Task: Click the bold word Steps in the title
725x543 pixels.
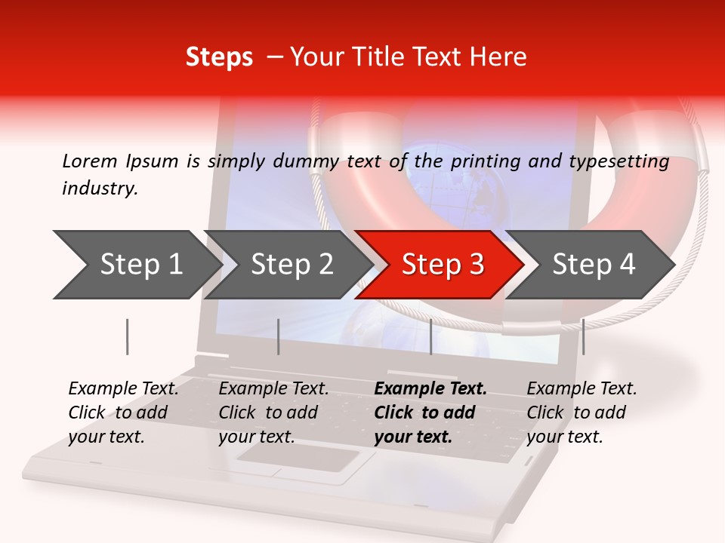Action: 219,57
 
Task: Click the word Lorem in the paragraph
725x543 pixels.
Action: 89,161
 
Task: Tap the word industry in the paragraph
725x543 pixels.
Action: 99,189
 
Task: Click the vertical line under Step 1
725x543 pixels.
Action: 127,336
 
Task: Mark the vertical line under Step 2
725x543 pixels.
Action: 278,336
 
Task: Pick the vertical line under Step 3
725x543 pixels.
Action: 430,336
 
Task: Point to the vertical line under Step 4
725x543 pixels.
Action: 583,336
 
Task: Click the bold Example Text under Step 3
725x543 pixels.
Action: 430,389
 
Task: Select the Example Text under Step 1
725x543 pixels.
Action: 123,389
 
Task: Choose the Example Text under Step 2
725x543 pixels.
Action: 273,389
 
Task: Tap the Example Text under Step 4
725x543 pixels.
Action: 582,389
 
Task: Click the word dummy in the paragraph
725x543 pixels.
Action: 308,161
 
